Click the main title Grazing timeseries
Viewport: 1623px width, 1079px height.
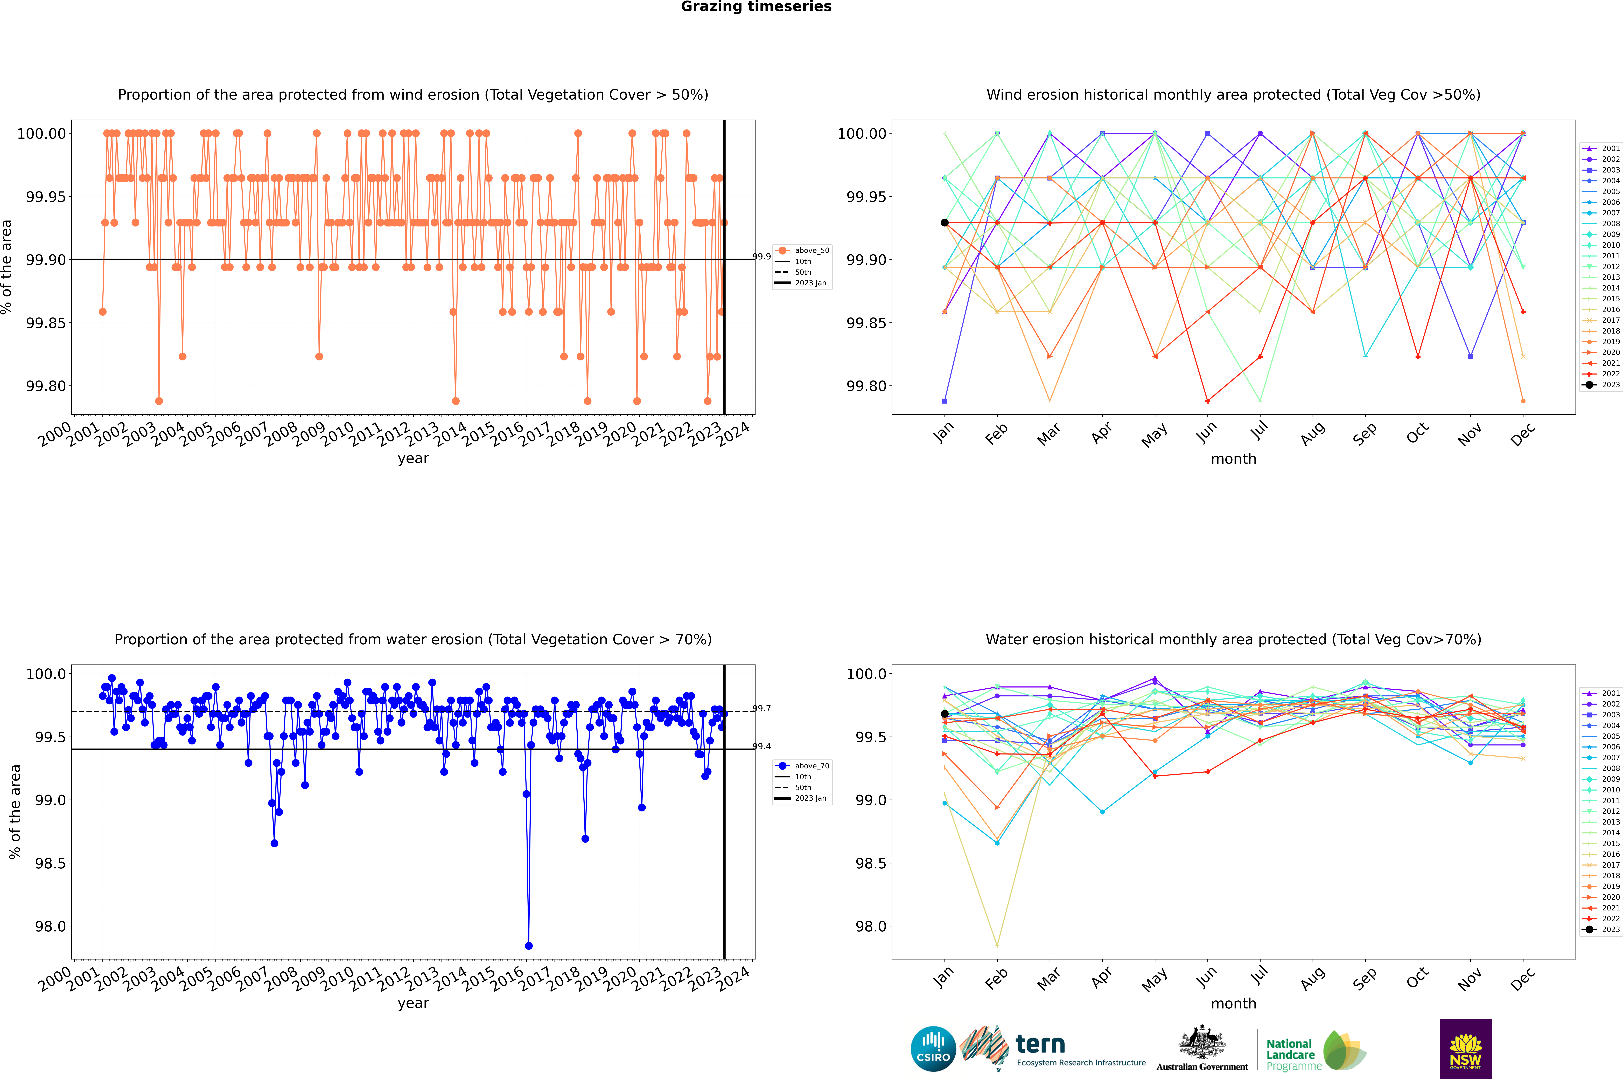756,7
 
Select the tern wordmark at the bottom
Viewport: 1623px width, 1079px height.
1040,1045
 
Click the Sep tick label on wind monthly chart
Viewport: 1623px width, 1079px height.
1365,433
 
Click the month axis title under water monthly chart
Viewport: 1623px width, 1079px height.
1234,1003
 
